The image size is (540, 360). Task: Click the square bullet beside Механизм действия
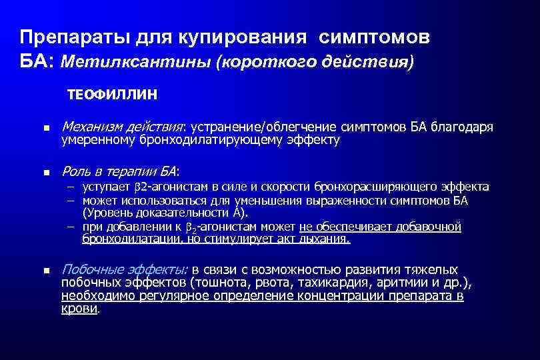[45, 128]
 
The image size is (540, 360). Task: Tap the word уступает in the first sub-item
[104, 187]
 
